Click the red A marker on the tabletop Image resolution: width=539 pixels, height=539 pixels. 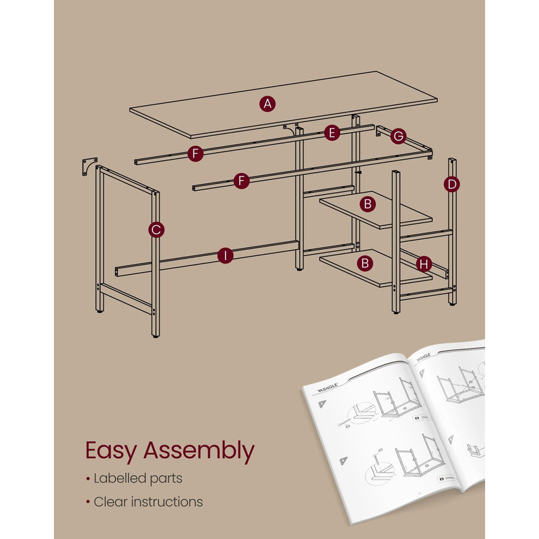[x=267, y=104]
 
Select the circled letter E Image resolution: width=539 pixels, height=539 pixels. [x=330, y=133]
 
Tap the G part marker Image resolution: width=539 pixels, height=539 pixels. [x=398, y=137]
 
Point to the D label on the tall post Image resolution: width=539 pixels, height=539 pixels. [x=451, y=183]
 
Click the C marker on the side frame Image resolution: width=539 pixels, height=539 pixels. [x=156, y=230]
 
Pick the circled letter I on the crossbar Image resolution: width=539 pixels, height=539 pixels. [x=225, y=255]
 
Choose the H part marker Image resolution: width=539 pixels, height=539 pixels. [x=423, y=264]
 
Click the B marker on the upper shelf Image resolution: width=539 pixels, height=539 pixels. [x=367, y=203]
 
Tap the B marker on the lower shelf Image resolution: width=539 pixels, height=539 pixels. [x=367, y=263]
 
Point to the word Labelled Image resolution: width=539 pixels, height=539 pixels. [x=118, y=478]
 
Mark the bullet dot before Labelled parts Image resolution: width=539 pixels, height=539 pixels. [x=87, y=479]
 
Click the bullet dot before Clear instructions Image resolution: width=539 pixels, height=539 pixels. [x=87, y=502]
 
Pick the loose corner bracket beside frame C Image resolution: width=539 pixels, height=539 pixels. [x=88, y=166]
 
